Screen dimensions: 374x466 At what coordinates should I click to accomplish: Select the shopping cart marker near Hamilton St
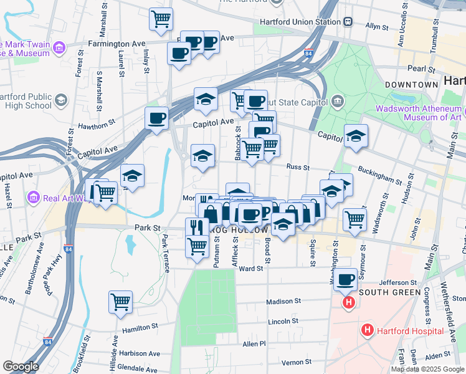(x=120, y=302)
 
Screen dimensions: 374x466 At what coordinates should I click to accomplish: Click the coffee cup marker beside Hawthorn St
(x=156, y=117)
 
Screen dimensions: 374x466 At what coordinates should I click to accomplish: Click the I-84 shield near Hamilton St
(x=48, y=342)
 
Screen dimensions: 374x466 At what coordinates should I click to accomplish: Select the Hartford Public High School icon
(x=60, y=100)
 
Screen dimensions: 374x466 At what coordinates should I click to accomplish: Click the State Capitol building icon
(x=337, y=100)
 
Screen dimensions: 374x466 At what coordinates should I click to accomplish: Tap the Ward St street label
(x=247, y=269)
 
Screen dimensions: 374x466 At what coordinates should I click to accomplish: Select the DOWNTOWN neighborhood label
(x=411, y=84)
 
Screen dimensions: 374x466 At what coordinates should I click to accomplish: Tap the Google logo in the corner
(x=21, y=366)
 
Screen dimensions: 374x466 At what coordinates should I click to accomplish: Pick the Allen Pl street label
(x=254, y=343)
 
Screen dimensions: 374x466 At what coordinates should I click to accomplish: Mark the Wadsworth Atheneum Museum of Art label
(x=419, y=113)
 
